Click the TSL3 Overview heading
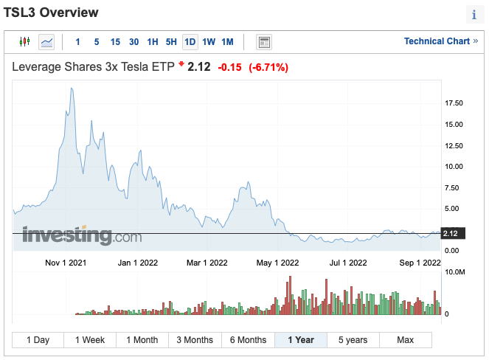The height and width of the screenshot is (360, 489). tap(51, 13)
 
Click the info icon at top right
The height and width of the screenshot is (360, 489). tap(474, 15)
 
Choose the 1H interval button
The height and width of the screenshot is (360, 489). tap(153, 42)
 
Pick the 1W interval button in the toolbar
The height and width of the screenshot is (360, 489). tap(209, 42)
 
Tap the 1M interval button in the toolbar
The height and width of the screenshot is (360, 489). tap(227, 42)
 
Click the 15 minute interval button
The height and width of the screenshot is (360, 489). tap(115, 42)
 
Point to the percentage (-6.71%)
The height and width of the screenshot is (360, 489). tap(268, 67)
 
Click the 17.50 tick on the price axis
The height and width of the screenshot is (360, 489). tap(454, 103)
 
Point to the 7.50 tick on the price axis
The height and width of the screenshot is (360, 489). tap(453, 187)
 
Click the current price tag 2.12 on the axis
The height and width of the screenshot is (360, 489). tap(451, 234)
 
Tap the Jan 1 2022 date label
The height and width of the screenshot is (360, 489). tap(138, 263)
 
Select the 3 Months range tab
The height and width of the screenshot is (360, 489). tap(195, 340)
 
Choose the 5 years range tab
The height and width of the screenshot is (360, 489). tap(353, 340)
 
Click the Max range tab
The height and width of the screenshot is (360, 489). tap(405, 340)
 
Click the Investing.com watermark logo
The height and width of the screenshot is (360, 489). tap(81, 235)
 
